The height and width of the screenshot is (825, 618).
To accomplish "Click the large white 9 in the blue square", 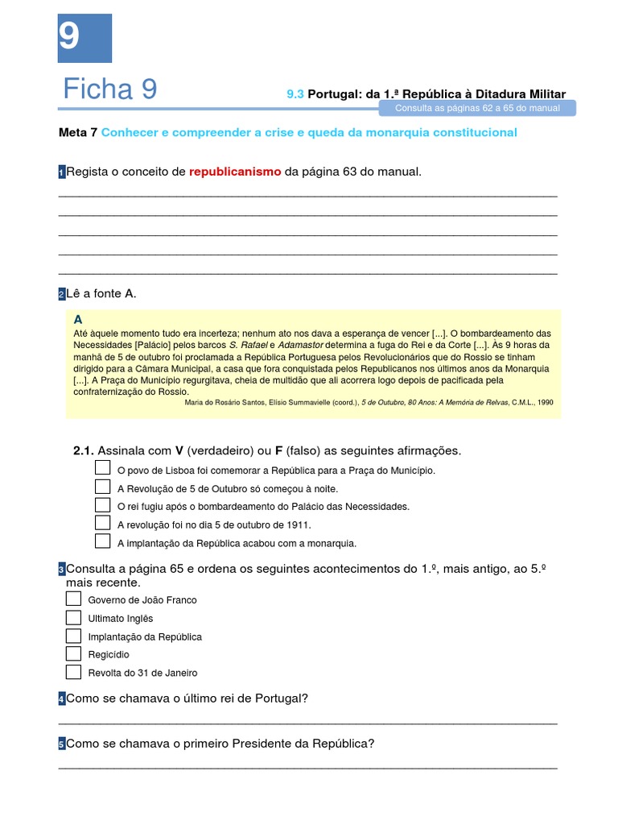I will tap(69, 36).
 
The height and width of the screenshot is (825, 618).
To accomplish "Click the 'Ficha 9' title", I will tap(110, 89).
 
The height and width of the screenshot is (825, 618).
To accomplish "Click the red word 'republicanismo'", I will tap(235, 172).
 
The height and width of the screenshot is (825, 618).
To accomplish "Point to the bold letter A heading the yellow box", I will tap(78, 319).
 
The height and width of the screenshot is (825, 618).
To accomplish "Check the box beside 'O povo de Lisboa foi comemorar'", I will tap(102, 468).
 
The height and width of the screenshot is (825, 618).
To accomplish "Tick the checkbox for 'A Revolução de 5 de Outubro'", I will tap(102, 487).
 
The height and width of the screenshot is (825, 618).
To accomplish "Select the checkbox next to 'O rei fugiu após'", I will tap(102, 505).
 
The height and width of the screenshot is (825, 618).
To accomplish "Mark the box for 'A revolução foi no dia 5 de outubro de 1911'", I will tap(102, 523).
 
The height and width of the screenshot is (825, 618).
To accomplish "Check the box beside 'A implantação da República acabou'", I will tap(102, 541).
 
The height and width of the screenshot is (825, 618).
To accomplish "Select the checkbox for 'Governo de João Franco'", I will tap(73, 599).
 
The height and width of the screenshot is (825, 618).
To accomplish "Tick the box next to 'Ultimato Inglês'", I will tap(73, 617).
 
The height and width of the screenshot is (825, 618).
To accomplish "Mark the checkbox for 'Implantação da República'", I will tap(73, 636).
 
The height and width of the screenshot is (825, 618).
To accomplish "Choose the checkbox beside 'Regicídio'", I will tap(73, 653).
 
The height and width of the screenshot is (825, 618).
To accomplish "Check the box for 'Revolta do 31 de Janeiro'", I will tap(73, 672).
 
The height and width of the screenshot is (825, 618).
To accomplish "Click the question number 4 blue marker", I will tap(61, 699).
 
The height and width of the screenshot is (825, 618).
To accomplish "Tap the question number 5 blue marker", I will tap(61, 744).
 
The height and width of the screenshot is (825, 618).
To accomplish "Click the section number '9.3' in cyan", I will tap(295, 94).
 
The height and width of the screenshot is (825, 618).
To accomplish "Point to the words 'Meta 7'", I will tap(78, 132).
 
